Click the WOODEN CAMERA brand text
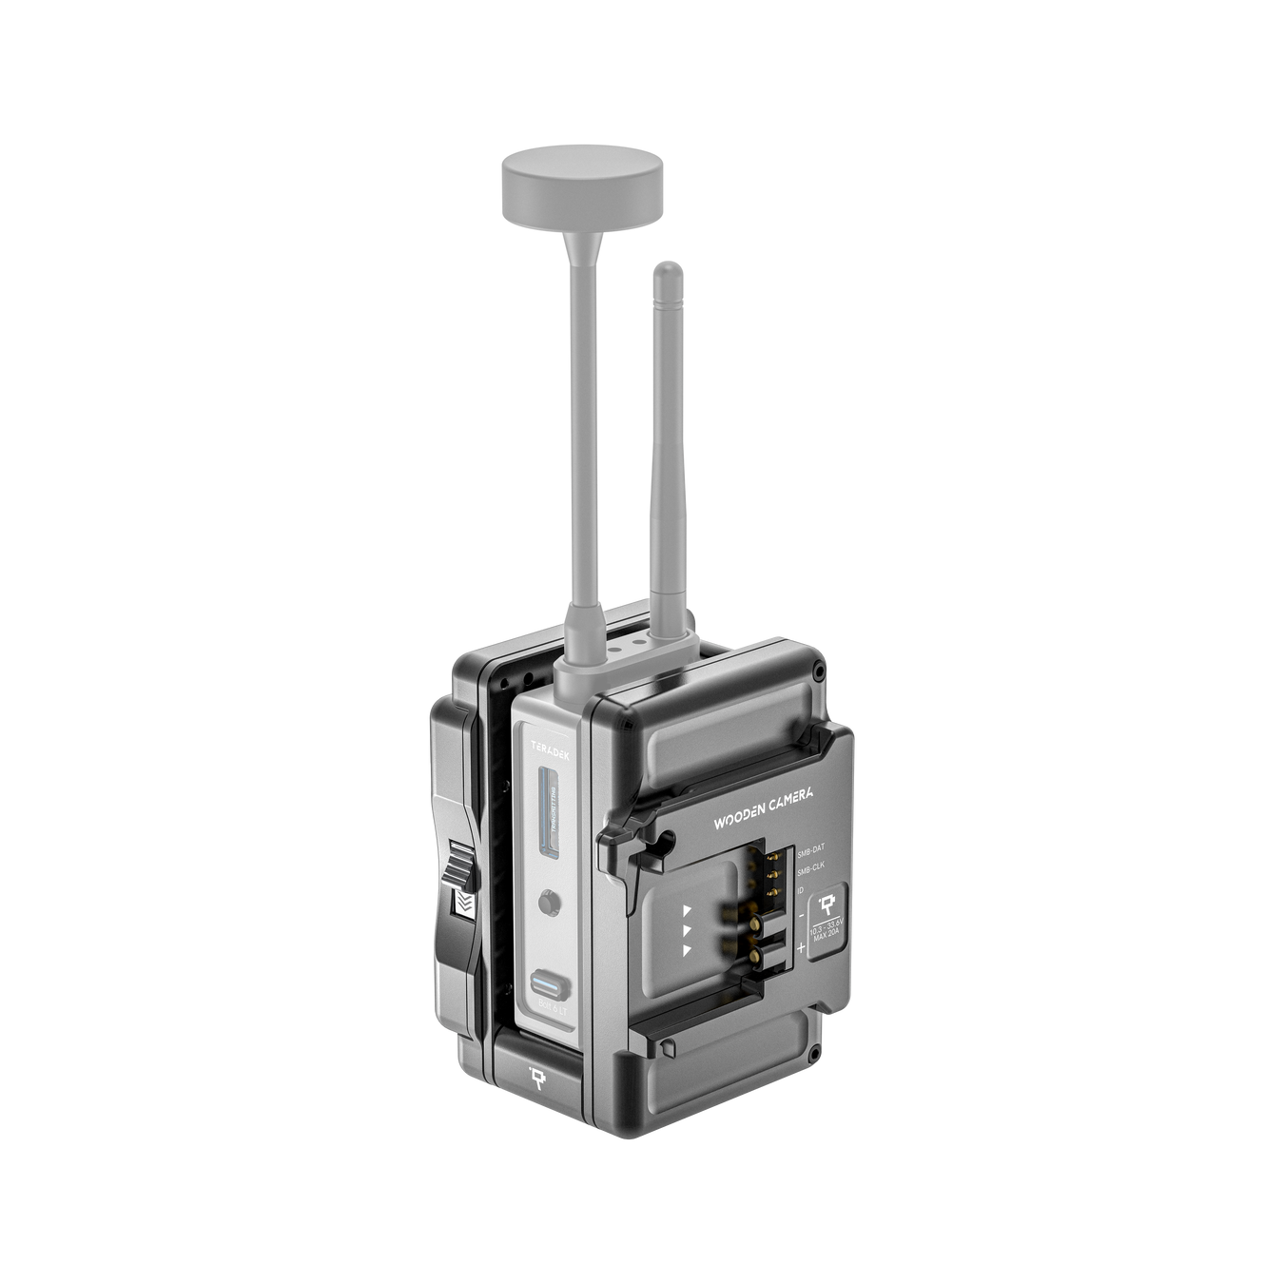pyautogui.click(x=762, y=808)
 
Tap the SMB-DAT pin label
pyautogui.click(x=810, y=847)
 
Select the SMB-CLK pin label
pyautogui.click(x=810, y=866)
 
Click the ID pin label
pyautogui.click(x=801, y=889)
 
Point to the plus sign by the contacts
pyautogui.click(x=800, y=946)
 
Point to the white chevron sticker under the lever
pyautogui.click(x=463, y=904)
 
